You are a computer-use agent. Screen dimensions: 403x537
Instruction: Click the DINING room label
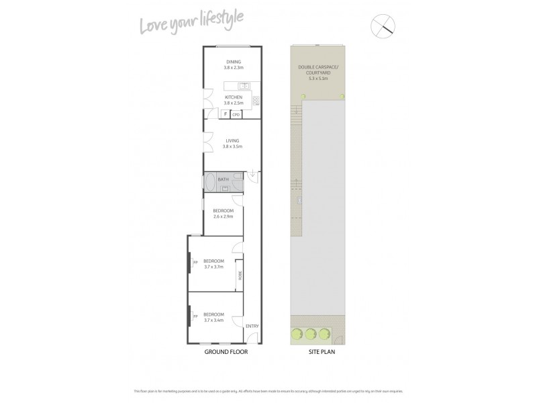point(233,62)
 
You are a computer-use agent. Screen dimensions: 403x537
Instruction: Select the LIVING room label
point(232,141)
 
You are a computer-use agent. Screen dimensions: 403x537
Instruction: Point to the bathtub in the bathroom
point(209,182)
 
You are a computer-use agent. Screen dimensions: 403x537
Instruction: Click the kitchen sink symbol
point(245,85)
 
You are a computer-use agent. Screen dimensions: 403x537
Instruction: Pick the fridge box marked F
point(225,115)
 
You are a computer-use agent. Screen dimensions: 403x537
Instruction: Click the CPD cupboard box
point(236,115)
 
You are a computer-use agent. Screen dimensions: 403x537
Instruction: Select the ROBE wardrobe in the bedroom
point(238,275)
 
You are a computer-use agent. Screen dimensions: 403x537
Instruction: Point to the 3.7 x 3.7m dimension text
point(213,267)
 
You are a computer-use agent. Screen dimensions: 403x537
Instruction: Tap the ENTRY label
point(252,326)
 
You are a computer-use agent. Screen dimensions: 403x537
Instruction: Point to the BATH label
point(223,180)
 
